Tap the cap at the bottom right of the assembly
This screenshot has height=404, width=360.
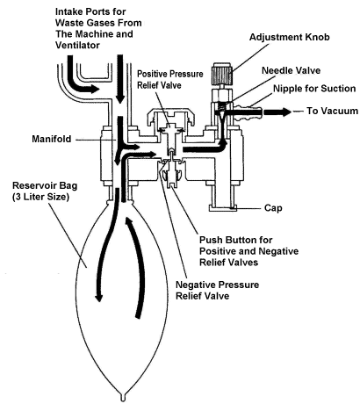coord(225,208)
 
